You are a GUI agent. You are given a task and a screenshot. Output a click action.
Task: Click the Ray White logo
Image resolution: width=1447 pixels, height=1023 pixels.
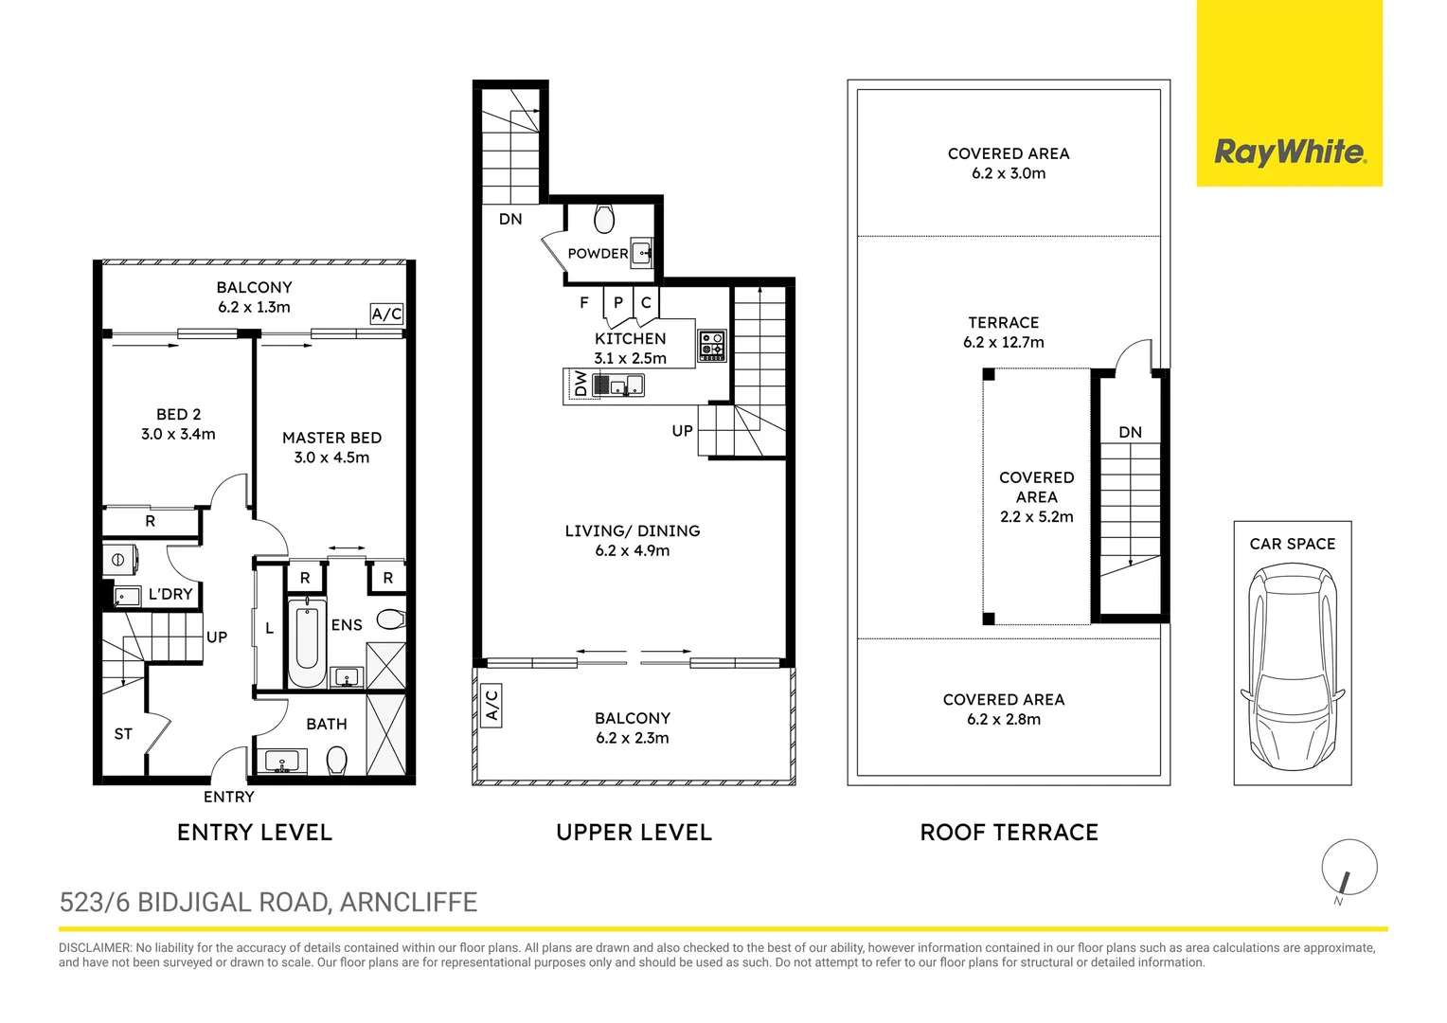(1289, 152)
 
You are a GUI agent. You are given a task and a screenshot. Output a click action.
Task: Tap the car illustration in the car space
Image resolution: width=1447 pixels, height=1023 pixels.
(1293, 668)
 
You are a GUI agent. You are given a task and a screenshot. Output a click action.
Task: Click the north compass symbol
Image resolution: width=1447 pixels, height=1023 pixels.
(1349, 868)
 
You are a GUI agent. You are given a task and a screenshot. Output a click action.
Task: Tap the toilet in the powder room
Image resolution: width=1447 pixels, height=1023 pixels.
(603, 220)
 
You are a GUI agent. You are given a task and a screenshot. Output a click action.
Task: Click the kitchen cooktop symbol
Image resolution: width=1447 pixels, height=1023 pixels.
(711, 346)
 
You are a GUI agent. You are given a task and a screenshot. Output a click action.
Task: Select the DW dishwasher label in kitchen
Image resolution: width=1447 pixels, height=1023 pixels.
(580, 384)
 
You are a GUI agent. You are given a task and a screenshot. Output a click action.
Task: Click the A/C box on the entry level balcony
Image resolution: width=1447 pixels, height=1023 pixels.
(386, 314)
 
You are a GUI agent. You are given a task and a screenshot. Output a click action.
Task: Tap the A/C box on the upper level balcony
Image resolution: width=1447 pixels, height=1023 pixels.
(491, 707)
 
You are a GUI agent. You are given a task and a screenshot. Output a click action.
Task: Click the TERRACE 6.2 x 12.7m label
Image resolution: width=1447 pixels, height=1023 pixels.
(1003, 332)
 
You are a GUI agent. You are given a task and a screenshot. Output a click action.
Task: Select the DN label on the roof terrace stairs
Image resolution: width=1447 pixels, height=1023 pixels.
(1130, 433)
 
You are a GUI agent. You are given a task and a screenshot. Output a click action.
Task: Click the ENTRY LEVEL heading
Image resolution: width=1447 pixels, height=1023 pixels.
(255, 833)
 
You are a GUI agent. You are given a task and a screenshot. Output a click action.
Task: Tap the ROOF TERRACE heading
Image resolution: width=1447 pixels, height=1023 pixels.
(1009, 833)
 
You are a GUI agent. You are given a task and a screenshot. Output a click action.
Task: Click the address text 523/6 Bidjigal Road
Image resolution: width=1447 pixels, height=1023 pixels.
(268, 903)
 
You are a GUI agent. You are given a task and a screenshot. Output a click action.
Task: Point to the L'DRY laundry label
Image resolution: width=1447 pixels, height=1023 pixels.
(170, 595)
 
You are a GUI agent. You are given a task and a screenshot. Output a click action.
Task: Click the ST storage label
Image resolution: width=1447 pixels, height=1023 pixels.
(123, 734)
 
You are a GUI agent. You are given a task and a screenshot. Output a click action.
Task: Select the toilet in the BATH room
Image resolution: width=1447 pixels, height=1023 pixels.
(336, 760)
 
